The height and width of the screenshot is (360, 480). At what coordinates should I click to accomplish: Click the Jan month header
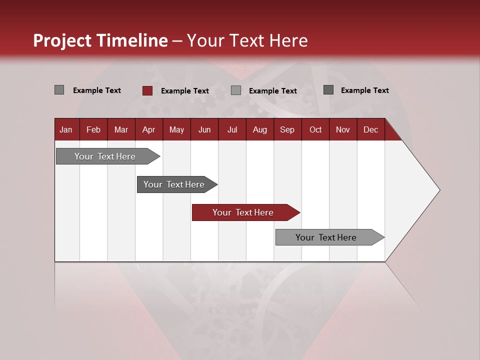66,129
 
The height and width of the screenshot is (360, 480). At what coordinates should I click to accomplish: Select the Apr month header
149,129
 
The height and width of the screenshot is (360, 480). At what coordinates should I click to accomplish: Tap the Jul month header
232,129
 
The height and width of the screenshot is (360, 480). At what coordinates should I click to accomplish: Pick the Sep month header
287,129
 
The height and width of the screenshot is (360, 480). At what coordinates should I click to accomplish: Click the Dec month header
370,129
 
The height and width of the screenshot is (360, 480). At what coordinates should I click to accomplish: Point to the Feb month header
93,129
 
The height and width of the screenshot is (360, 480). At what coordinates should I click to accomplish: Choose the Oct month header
315,129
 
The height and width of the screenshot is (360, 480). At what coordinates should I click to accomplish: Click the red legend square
147,90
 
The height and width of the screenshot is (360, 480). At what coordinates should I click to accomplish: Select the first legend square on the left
59,90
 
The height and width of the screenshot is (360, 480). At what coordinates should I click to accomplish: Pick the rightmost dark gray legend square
328,90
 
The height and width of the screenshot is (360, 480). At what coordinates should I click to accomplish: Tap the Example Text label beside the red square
185,91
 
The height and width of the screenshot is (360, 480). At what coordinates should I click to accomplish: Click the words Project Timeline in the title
100,40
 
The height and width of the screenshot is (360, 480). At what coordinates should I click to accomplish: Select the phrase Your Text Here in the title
247,40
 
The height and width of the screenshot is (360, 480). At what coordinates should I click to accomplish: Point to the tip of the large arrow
438,190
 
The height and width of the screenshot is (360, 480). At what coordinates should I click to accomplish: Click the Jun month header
204,129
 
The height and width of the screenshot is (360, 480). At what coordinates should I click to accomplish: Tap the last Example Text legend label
364,90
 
